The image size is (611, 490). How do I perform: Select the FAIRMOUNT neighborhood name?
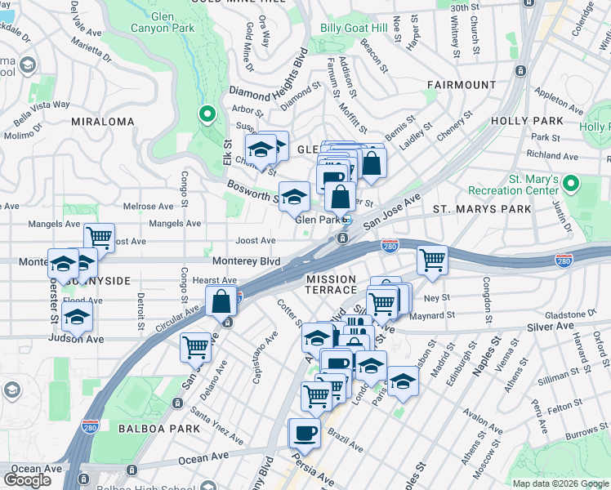[462, 85]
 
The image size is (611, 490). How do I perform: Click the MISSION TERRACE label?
[332, 284]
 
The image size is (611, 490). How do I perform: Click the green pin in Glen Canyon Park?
[207, 115]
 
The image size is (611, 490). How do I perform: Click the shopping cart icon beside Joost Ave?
[99, 238]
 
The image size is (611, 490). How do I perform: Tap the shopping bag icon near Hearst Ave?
[221, 301]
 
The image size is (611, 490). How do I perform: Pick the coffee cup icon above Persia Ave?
[305, 432]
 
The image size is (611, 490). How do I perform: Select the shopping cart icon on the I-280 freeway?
[431, 260]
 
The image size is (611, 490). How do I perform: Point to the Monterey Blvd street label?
[246, 261]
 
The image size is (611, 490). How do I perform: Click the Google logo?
[28, 480]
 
